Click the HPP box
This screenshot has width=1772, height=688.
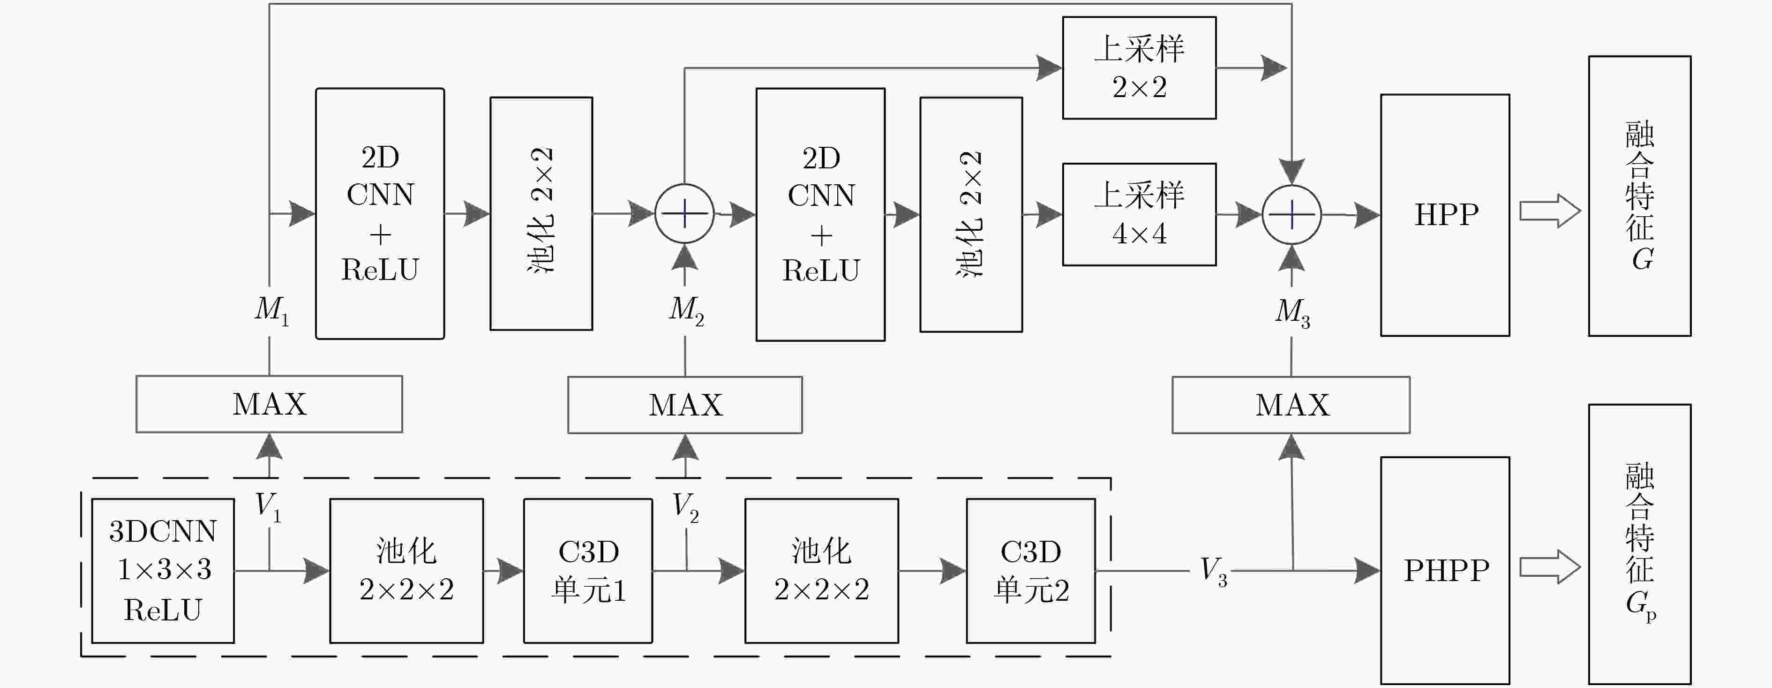(x=1445, y=215)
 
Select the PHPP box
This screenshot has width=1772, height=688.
(x=1445, y=570)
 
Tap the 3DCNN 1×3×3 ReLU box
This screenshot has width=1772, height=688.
(x=163, y=570)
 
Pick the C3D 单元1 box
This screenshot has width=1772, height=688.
(x=588, y=570)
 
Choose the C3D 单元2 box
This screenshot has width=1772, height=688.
(x=1030, y=570)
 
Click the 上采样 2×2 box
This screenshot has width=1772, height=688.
(x=1139, y=68)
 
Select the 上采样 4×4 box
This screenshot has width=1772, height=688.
(x=1139, y=214)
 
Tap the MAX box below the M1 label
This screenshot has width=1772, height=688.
(x=269, y=404)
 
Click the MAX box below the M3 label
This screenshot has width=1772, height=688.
(x=1291, y=405)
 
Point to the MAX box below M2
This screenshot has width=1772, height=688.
(x=685, y=405)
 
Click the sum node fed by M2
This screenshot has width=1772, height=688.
(x=684, y=214)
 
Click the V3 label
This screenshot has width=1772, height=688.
(x=1213, y=571)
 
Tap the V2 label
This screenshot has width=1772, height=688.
(x=686, y=507)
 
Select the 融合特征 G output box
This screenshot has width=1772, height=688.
(x=1639, y=196)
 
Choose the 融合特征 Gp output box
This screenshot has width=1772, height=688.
(x=1639, y=544)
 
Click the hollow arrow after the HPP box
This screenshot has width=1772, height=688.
(x=1550, y=211)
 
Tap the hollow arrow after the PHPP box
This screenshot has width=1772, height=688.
(x=1550, y=567)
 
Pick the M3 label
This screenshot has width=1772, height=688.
(x=1292, y=312)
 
